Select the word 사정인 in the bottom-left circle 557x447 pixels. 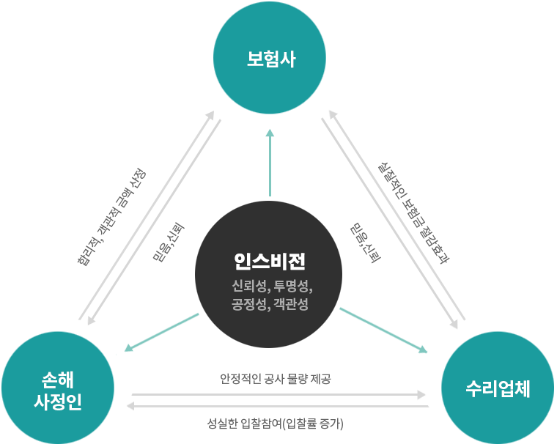click(x=58, y=402)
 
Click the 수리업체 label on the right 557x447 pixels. click(x=498, y=389)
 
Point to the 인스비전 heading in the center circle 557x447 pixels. click(x=269, y=261)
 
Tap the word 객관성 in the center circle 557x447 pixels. click(x=292, y=303)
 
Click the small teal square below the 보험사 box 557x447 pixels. click(x=270, y=133)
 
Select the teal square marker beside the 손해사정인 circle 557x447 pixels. click(x=129, y=347)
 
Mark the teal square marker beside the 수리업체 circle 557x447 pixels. click(x=422, y=350)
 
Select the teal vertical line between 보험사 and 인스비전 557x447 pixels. click(x=270, y=169)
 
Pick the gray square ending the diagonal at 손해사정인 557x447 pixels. click(x=92, y=320)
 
